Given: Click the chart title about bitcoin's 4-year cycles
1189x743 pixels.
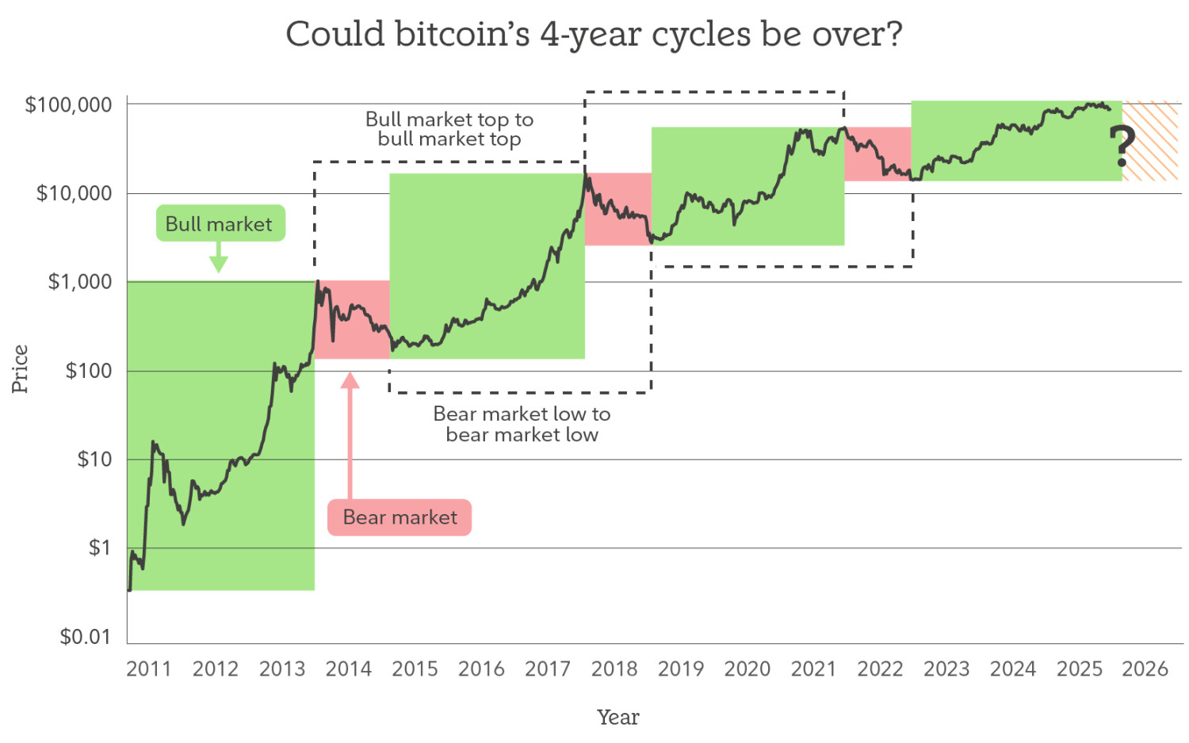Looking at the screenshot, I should [594, 35].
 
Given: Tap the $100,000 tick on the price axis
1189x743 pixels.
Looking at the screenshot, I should [69, 105].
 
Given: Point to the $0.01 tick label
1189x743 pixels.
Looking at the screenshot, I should [86, 636].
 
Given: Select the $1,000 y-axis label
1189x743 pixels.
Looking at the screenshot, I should [80, 282].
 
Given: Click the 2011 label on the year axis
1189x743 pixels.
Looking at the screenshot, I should [148, 669].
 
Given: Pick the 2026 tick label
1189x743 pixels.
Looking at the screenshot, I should [1145, 669].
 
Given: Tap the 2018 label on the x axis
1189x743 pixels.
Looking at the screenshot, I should [614, 669].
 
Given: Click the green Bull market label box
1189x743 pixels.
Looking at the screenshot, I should [220, 224].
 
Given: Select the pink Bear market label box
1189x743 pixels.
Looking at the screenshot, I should [400, 517].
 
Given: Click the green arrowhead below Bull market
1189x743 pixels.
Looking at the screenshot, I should [219, 265].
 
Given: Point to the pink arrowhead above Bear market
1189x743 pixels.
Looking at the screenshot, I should [350, 381].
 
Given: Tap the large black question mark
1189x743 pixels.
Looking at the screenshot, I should [1122, 147].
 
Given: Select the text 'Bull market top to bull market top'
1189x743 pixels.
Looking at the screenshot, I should [449, 129].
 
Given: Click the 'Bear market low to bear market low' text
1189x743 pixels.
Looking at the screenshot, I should [522, 424].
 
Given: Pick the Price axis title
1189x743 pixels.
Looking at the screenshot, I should [20, 369].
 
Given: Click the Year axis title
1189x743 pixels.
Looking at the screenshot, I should [617, 717].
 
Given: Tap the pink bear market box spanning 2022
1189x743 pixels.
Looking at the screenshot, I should [877, 154].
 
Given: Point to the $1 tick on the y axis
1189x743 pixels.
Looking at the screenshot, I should [99, 547].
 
